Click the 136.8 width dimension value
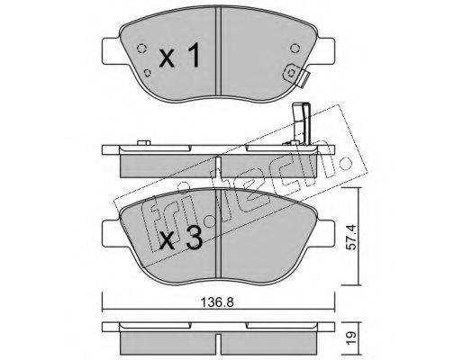pos(217,302)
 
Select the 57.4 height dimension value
pos(353,238)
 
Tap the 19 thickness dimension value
pos(353,337)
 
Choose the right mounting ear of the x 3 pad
pos(324,234)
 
